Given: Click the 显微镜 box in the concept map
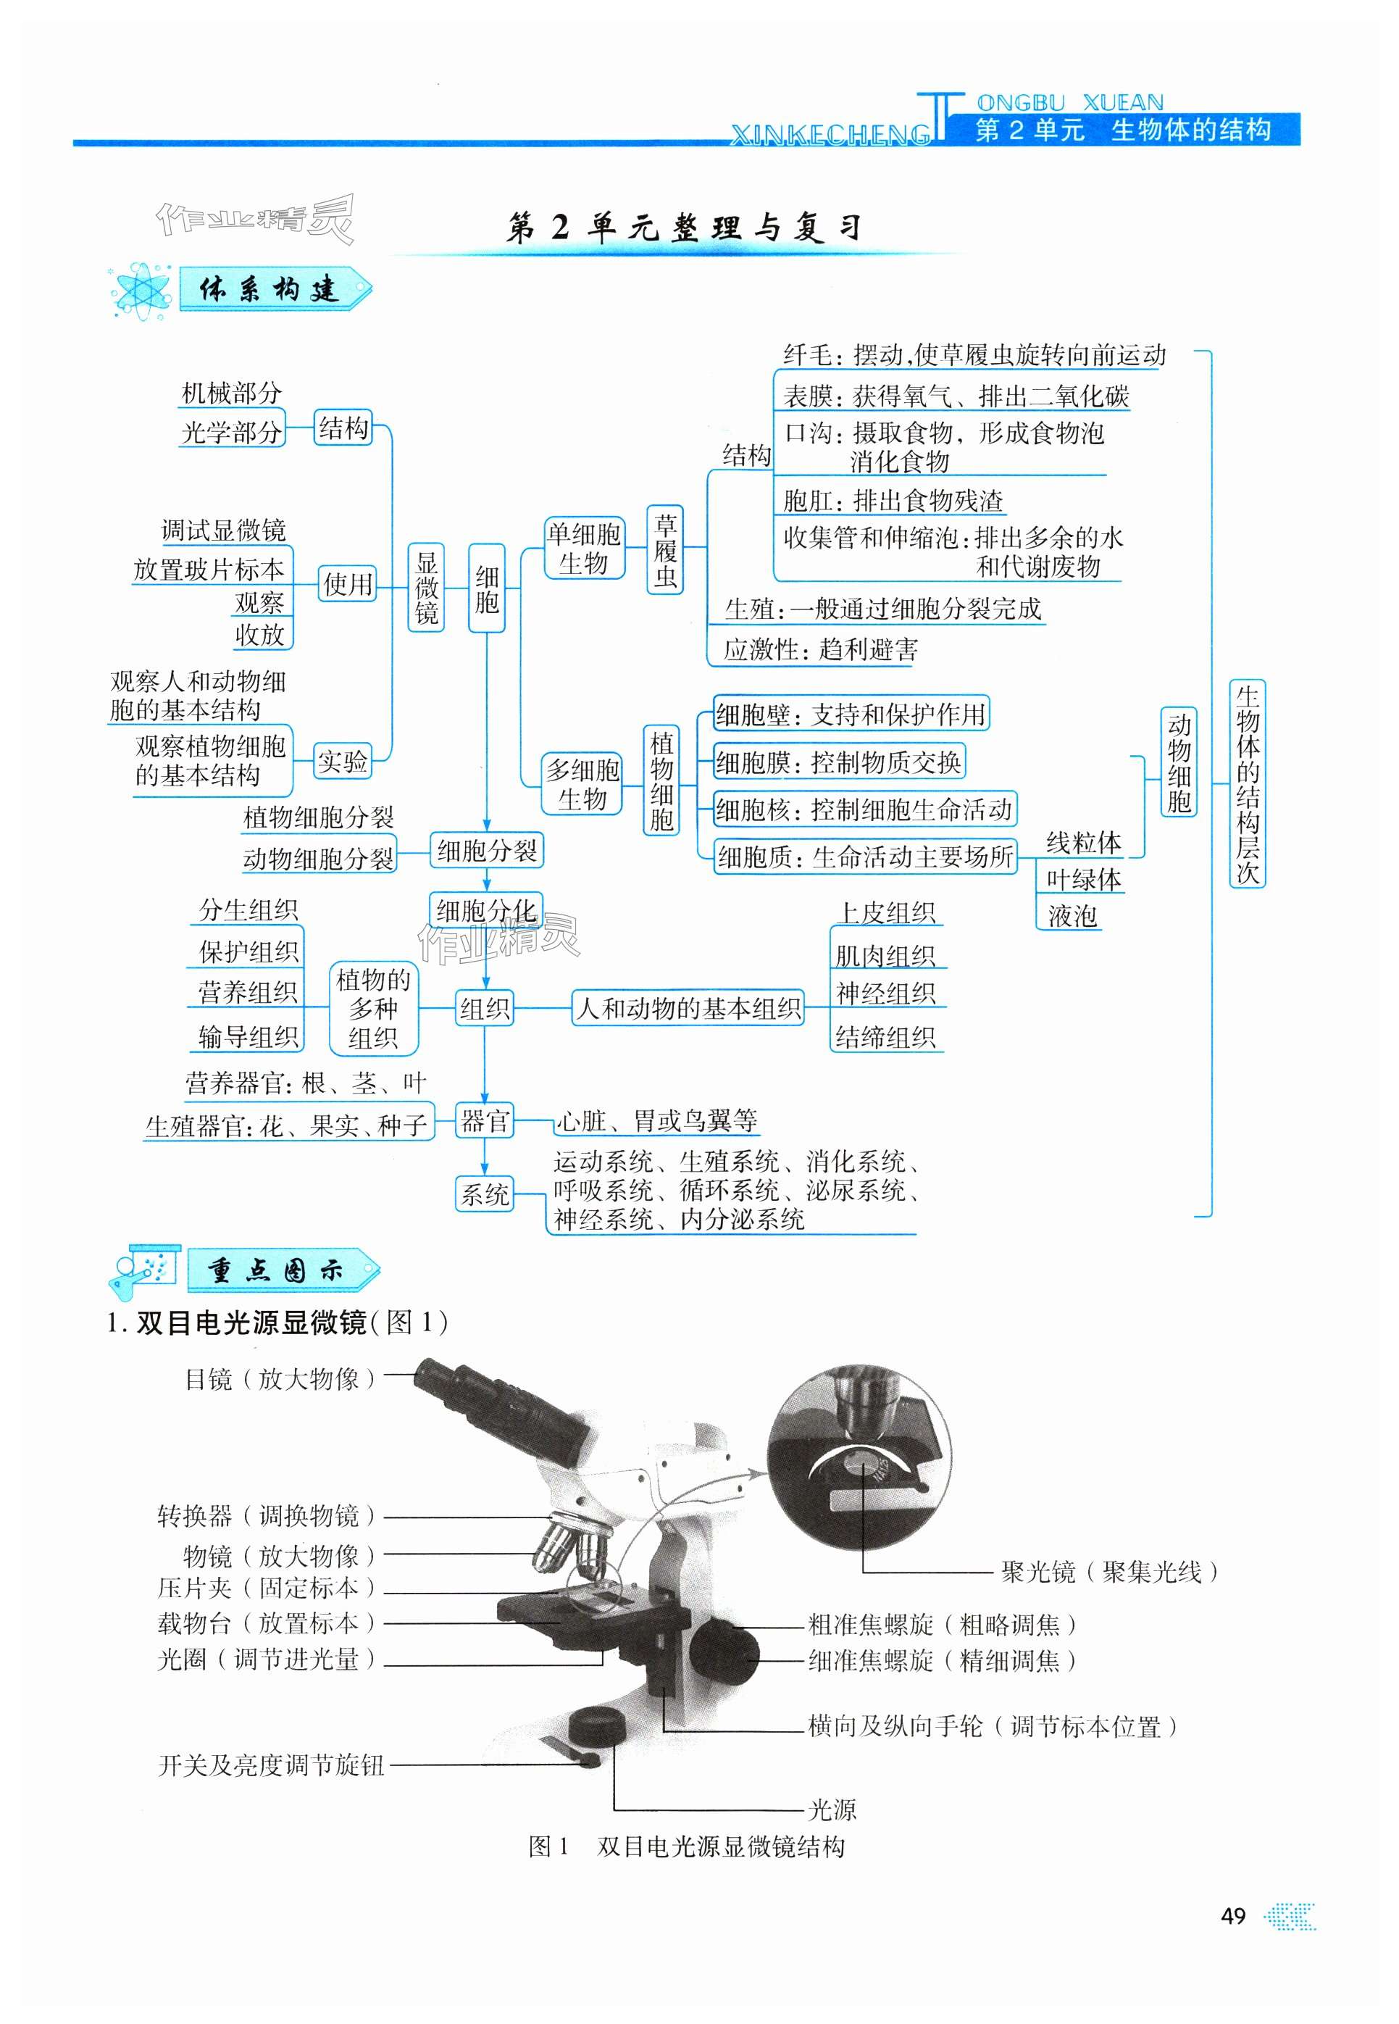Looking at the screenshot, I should coord(426,587).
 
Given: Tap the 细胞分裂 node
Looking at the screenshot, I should coord(486,850).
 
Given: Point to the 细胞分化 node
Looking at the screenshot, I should coord(485,911).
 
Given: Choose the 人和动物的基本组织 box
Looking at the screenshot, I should coord(688,1008).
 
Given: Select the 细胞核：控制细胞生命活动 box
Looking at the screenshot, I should coord(864,808).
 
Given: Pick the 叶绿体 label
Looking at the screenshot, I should coord(1082,879).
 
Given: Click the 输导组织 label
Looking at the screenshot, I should coord(248,1037).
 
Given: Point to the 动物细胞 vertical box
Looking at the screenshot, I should coord(1178,762).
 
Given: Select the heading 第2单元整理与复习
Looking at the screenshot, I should coord(684,228).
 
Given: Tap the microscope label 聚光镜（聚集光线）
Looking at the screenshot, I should coord(1109,1572).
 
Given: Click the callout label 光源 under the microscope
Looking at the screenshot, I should coord(831,1809).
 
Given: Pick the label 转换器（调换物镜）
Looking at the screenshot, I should coord(267,1515).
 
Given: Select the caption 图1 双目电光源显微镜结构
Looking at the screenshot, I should coord(688,1847).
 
